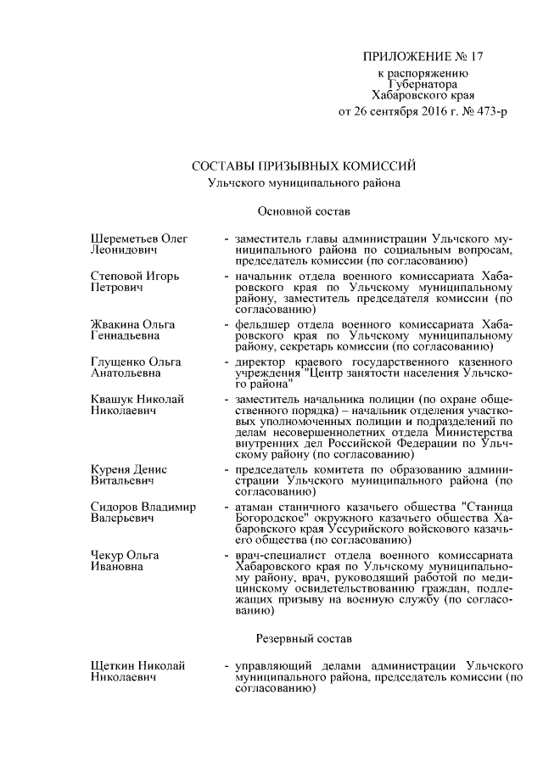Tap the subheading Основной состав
coord(304,210)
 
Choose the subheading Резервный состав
coord(304,636)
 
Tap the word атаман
coord(258,507)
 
